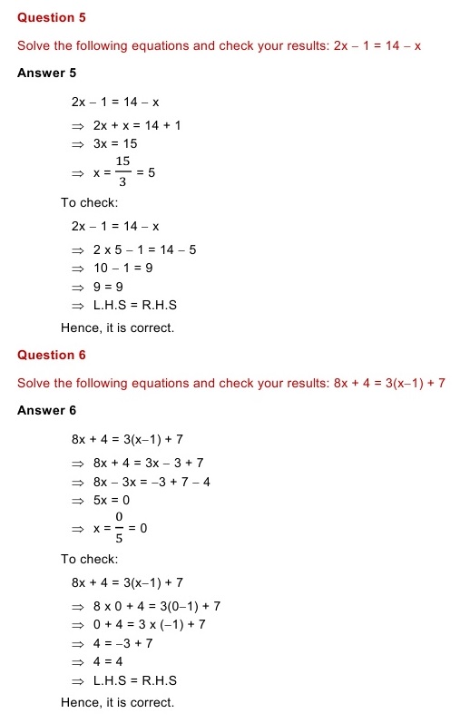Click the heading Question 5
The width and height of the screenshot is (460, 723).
click(x=52, y=18)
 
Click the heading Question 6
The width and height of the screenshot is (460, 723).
click(x=52, y=355)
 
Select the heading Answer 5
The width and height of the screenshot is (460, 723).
click(x=46, y=73)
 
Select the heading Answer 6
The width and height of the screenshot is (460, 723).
click(x=46, y=410)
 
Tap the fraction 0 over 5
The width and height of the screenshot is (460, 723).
click(x=118, y=526)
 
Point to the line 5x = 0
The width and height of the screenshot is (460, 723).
click(x=112, y=499)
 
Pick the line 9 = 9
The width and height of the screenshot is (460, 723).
click(x=108, y=287)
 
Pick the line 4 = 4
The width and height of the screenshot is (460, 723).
click(x=108, y=661)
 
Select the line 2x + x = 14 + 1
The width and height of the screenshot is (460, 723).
click(x=137, y=124)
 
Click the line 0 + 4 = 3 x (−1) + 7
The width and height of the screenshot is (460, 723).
click(x=150, y=624)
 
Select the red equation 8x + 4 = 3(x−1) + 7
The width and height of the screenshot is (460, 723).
click(x=389, y=383)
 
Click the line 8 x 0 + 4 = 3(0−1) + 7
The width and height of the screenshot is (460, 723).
click(x=157, y=605)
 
